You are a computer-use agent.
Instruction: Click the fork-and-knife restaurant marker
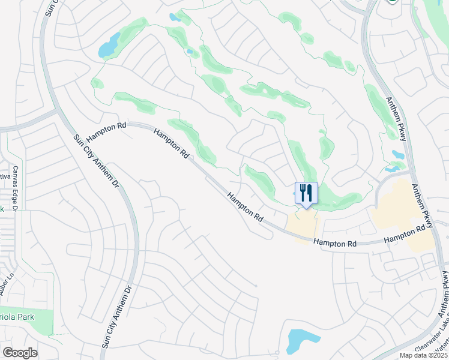[306, 193]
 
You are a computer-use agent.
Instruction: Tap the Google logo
[20, 353]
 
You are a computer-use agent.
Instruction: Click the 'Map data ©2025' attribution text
[424, 355]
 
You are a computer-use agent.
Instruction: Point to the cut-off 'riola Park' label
[17, 317]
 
